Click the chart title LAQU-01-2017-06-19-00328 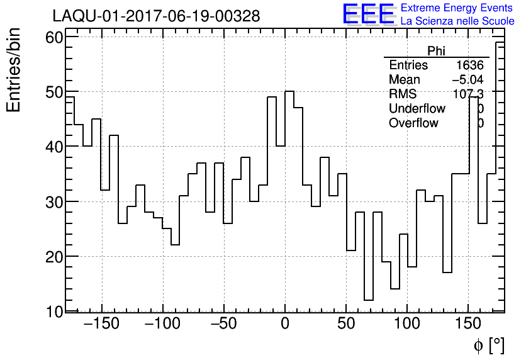pos(156,16)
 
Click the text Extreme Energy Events pos(457,8)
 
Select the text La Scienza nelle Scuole pos(457,21)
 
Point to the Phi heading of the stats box pos(436,51)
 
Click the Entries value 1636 pos(469,65)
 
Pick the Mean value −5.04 pos(467,80)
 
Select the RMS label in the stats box pos(403,94)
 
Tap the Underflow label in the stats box pos(417,109)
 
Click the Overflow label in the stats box pos(413,123)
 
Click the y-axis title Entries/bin pos(14,70)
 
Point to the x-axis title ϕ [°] pos(489,345)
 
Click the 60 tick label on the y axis pos(55,37)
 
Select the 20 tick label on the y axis pos(55,257)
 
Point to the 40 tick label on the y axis pos(55,147)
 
